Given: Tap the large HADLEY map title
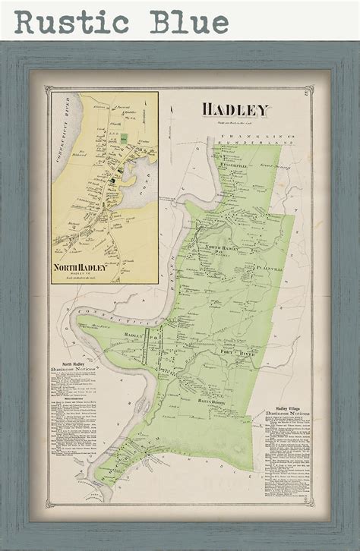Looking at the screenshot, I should point(235,110).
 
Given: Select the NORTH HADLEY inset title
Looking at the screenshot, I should point(81,266).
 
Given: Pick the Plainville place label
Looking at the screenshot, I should point(267,267).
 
